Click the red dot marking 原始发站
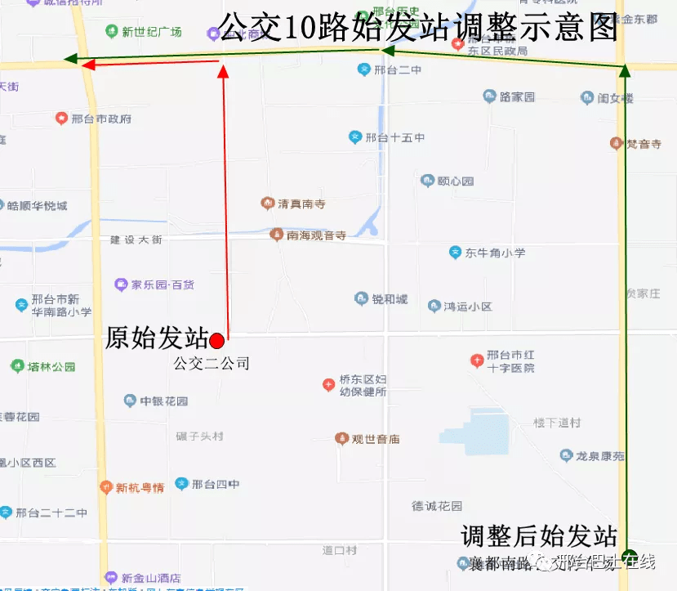[216, 340]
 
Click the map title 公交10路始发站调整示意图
[419, 27]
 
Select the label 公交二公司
[211, 363]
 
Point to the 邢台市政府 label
[100, 119]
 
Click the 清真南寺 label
[301, 203]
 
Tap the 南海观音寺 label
[316, 235]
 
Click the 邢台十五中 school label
[394, 137]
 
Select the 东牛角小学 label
[495, 253]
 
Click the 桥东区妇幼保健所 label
[362, 385]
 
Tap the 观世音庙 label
[375, 439]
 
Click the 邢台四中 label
[215, 484]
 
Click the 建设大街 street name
[136, 240]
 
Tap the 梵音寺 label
[643, 144]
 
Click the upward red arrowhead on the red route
[224, 72]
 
